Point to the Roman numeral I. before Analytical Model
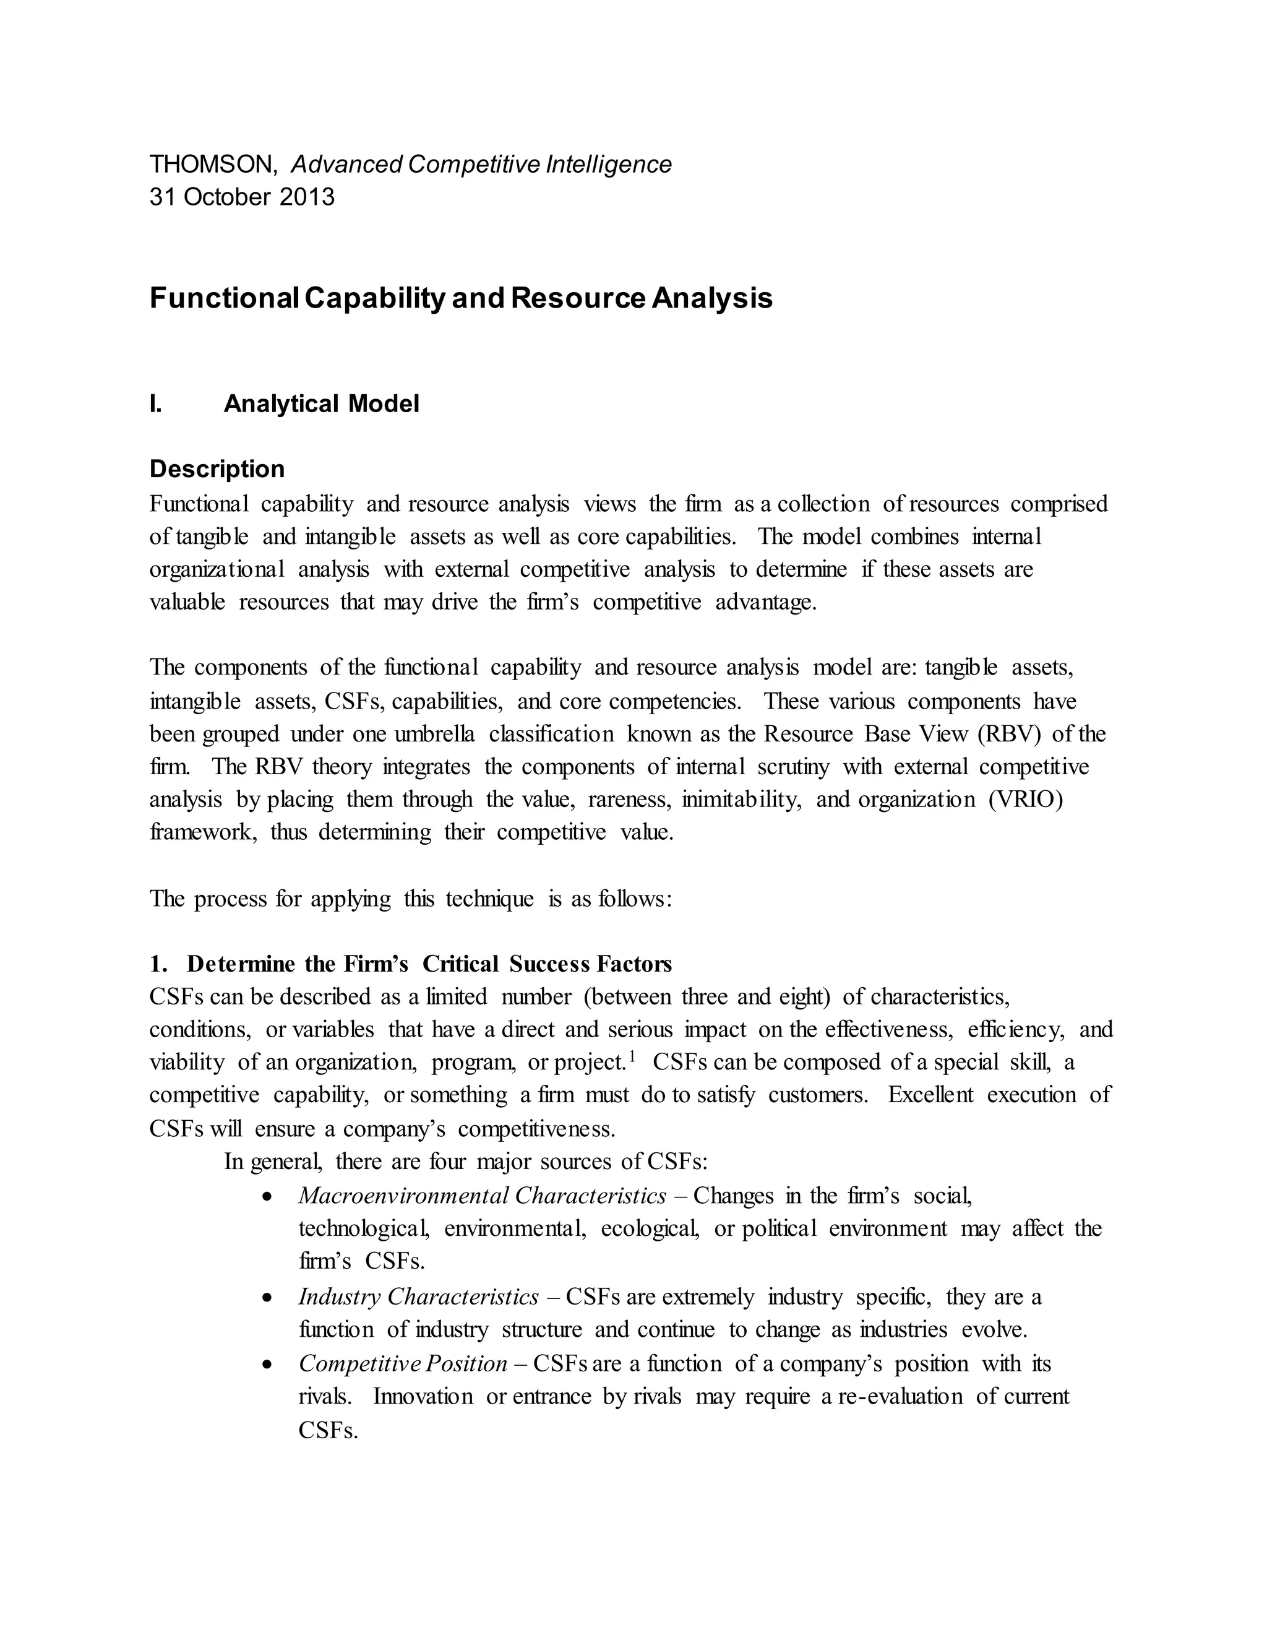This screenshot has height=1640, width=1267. [155, 404]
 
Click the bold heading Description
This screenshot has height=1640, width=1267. [217, 468]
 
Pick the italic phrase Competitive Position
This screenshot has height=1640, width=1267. [403, 1363]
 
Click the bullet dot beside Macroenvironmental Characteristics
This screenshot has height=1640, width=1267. [267, 1196]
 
